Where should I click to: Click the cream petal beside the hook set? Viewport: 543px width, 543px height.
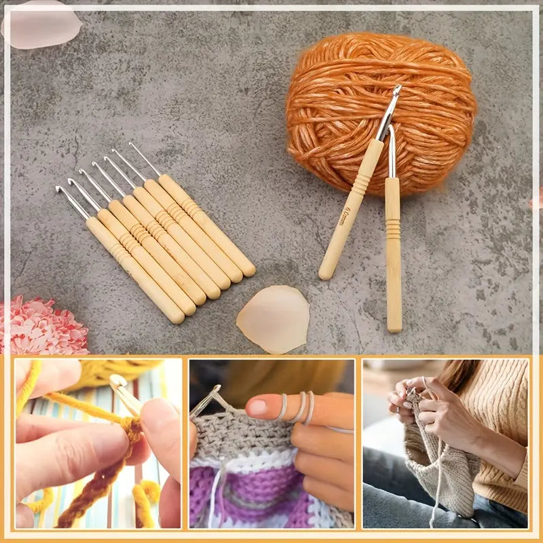tap(273, 319)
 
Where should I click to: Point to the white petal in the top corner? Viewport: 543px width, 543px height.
tap(41, 24)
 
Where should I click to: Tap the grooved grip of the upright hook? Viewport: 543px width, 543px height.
tap(393, 227)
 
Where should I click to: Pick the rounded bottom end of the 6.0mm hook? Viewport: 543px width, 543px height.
tap(327, 273)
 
